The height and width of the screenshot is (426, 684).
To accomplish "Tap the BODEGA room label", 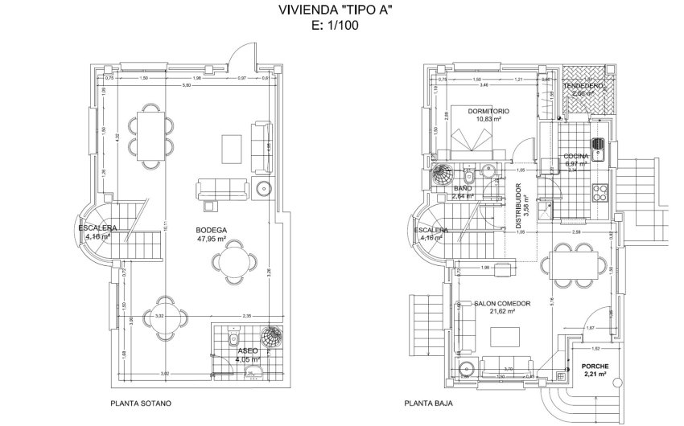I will point(211,230).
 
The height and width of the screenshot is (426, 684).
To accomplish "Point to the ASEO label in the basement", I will point(248,351).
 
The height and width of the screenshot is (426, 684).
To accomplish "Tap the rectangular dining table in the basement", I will point(150,133).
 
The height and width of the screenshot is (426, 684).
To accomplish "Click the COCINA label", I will point(576,156).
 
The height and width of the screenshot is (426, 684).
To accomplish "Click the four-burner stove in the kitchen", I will point(600,191).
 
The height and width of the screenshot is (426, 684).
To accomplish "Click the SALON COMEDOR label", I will point(501,303).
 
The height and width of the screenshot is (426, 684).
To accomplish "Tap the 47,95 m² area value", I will point(211,239).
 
